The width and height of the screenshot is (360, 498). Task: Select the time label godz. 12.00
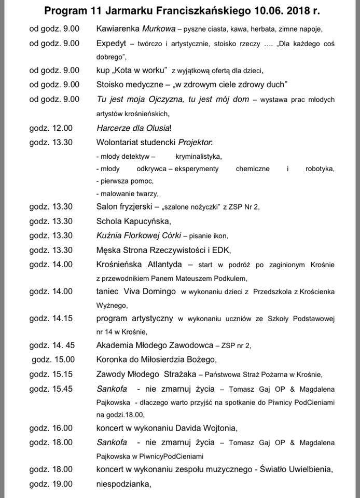[x=51, y=128]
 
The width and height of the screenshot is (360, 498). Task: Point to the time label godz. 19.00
[x=51, y=485]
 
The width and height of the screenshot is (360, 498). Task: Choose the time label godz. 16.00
[x=51, y=428]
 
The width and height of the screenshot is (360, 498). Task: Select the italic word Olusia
[x=169, y=128]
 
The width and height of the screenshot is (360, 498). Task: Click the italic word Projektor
[x=195, y=142]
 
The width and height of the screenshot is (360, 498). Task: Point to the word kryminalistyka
[x=198, y=156]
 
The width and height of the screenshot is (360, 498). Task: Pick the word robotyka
[x=319, y=169]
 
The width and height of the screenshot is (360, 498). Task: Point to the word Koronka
[x=112, y=359]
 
